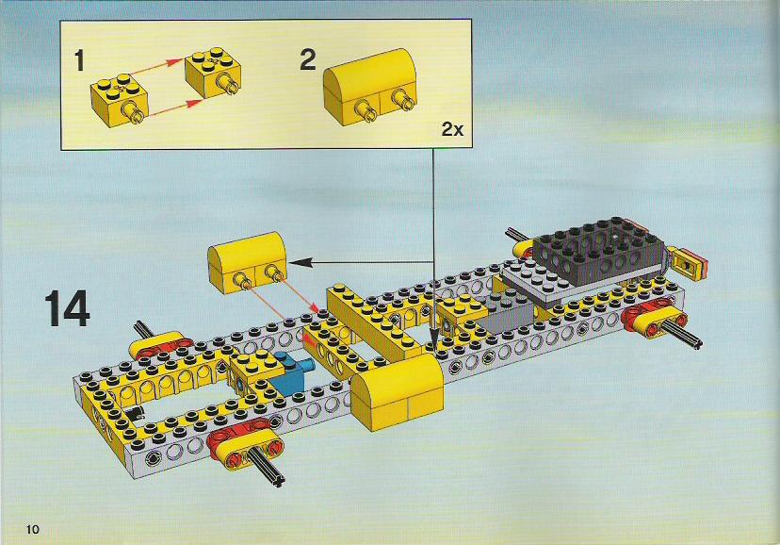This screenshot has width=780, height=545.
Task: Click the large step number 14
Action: point(68,308)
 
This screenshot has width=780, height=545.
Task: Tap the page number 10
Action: point(32,529)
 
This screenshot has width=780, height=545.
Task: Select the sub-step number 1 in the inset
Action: point(79,60)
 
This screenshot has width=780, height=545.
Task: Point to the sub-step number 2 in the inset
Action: point(308,59)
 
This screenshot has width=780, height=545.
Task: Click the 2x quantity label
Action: point(452,129)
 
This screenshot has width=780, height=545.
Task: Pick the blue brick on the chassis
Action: point(291,372)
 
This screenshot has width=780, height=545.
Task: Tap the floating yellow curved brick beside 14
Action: point(247,261)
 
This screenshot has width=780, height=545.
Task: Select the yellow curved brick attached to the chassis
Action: point(397,392)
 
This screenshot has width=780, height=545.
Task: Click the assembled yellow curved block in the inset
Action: point(370,86)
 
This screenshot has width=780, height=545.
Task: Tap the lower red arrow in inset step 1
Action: point(176,108)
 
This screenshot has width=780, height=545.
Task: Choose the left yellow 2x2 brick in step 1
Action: point(119,100)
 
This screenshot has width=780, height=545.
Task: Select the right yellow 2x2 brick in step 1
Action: point(214,72)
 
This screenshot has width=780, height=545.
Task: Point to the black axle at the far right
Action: point(682,333)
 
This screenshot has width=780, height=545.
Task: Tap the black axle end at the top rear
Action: point(515,235)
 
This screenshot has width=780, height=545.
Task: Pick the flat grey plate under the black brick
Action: point(540,283)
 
